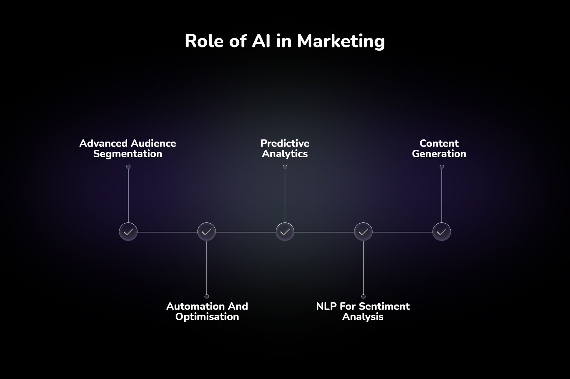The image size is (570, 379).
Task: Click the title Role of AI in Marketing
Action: coord(285,41)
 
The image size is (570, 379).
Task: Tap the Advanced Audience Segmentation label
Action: coord(128,148)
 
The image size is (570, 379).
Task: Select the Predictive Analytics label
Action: coord(285,148)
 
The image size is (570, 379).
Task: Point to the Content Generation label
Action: coord(439,148)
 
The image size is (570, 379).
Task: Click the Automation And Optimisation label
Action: coord(207,311)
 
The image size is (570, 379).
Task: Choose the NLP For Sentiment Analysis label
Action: coord(363,311)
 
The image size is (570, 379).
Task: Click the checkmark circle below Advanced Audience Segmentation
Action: coord(128,232)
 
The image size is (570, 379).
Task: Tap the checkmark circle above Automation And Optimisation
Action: coord(207,232)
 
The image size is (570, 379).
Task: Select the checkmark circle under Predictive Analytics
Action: coord(285,232)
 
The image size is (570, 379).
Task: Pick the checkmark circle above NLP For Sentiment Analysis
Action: coord(363,232)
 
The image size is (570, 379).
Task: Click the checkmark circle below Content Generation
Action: coord(442,232)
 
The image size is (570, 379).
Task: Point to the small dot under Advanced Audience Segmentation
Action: coord(128,167)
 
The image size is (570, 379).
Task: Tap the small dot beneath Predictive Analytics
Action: coord(285,167)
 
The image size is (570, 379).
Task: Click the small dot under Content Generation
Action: coord(442,167)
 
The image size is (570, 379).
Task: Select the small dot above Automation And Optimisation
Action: coord(207,297)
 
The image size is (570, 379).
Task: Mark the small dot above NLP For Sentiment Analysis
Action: coord(363,297)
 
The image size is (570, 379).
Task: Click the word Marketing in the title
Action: coord(341,41)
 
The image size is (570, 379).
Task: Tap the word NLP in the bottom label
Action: coord(326,306)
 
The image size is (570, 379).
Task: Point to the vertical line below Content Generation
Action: coord(442,194)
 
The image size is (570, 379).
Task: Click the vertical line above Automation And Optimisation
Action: coord(207,267)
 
